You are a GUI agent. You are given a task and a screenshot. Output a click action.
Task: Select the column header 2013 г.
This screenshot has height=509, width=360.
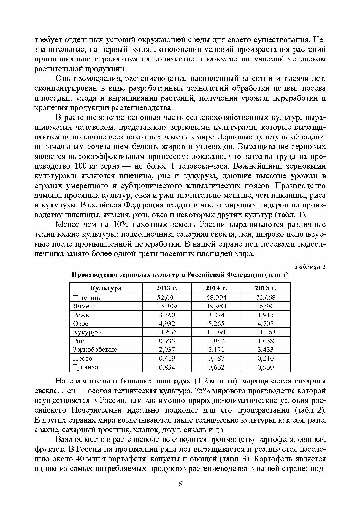point(167,288)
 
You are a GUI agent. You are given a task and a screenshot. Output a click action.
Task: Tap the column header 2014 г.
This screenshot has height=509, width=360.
point(216,288)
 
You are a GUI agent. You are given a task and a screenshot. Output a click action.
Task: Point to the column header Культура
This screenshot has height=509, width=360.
point(106,288)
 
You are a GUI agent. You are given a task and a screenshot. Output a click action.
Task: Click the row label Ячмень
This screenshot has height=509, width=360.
point(85,306)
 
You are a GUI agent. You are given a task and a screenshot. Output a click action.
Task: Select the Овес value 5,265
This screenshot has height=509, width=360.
point(216,324)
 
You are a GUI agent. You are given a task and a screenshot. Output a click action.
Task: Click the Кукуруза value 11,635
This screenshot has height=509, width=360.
point(167,332)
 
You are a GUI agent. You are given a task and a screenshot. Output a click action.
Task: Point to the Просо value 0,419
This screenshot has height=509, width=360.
point(167,358)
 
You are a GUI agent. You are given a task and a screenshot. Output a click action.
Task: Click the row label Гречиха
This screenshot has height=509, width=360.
point(85,367)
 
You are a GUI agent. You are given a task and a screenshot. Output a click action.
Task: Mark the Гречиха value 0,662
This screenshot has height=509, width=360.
point(216,367)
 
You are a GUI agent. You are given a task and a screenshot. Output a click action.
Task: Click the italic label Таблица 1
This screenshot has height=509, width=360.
point(310,266)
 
